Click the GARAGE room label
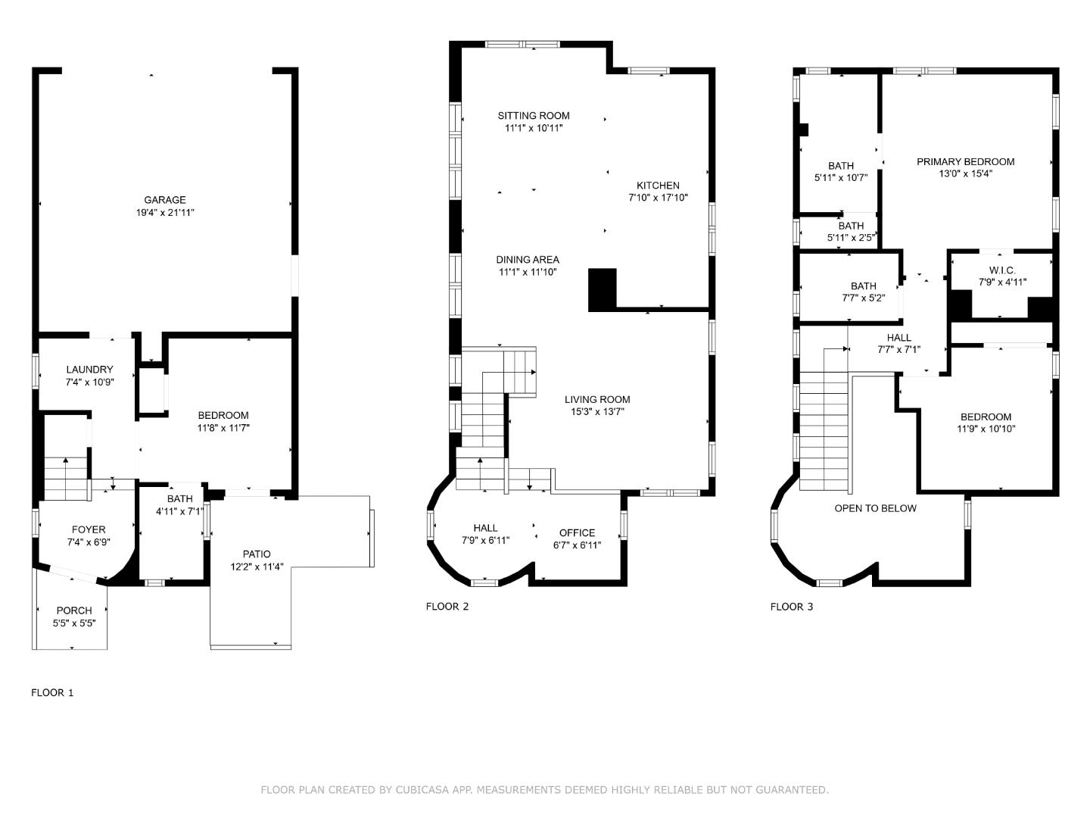[x=165, y=200]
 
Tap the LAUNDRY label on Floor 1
[x=89, y=370]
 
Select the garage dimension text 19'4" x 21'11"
[x=165, y=213]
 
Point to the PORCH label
[x=74, y=610]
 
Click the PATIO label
[x=257, y=554]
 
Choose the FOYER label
[x=89, y=529]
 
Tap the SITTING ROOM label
[x=534, y=116]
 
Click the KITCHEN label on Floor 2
[x=658, y=186]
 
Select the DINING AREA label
[x=528, y=260]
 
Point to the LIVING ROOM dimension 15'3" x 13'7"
[x=597, y=412]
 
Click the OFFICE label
[x=577, y=532]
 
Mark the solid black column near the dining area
[x=603, y=289]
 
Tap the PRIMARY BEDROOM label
[x=965, y=161]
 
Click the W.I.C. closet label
[x=1002, y=270]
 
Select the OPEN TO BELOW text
[x=875, y=508]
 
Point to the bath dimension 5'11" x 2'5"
[x=851, y=238]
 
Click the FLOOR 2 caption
[x=447, y=606]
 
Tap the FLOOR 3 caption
[x=792, y=606]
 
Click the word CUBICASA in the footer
[x=422, y=790]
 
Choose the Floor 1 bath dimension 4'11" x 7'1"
[x=179, y=511]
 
